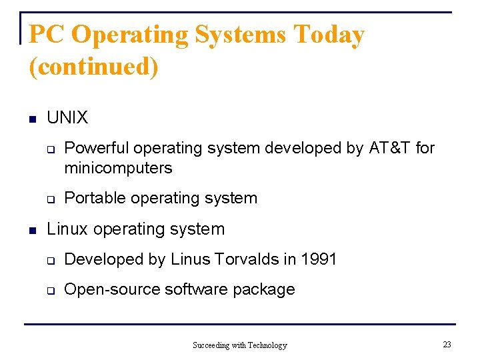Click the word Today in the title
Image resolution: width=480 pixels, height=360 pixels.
(x=329, y=35)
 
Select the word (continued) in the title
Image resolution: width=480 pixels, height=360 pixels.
(x=93, y=67)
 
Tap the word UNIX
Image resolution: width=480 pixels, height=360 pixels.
(x=67, y=118)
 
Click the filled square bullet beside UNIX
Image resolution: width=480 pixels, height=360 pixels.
(x=31, y=119)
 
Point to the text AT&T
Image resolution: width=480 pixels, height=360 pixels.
(x=390, y=148)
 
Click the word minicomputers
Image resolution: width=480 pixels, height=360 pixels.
(x=118, y=168)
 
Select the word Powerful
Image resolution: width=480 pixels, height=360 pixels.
(x=95, y=148)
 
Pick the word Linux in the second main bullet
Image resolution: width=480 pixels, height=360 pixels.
(x=67, y=229)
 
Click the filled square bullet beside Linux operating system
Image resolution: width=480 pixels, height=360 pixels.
(x=31, y=231)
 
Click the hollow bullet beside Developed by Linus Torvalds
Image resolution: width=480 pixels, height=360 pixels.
(x=49, y=261)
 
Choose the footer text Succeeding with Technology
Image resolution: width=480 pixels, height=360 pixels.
(x=239, y=345)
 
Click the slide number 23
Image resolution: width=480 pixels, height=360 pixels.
(x=447, y=344)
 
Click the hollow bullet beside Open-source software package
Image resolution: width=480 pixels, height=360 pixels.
(x=49, y=291)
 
